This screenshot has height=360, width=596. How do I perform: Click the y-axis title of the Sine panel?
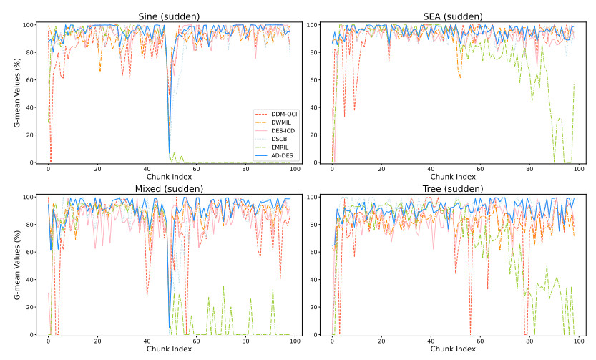pyautogui.click(x=16, y=94)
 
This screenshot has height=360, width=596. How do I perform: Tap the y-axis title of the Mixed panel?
pyautogui.click(x=16, y=266)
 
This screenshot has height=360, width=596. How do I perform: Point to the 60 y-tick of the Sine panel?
pyautogui.click(x=31, y=80)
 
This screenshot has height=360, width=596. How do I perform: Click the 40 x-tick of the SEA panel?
pyautogui.click(x=431, y=170)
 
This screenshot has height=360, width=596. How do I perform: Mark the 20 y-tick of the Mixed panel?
pyautogui.click(x=31, y=307)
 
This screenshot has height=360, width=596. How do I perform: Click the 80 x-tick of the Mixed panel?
pyautogui.click(x=246, y=341)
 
